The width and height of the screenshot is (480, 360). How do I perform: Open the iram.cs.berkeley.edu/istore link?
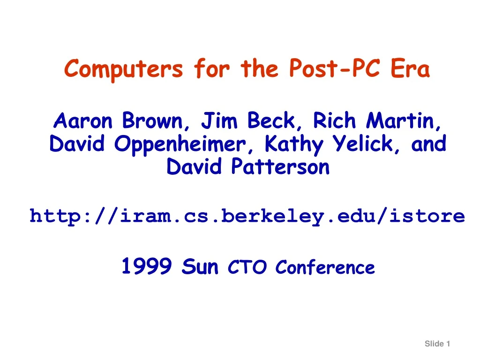click(x=247, y=216)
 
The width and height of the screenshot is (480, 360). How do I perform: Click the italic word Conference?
click(x=325, y=267)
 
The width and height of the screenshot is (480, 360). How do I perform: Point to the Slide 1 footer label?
click(x=437, y=344)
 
